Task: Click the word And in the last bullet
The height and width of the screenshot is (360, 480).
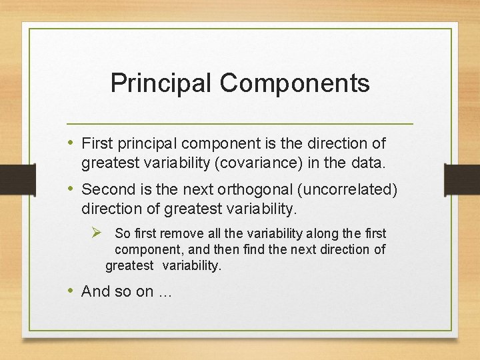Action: click(x=95, y=291)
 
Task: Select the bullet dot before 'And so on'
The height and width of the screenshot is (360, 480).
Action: click(x=71, y=291)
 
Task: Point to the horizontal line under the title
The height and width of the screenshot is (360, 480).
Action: click(x=240, y=124)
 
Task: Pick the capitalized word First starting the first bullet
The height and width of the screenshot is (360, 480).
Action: click(x=97, y=143)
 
